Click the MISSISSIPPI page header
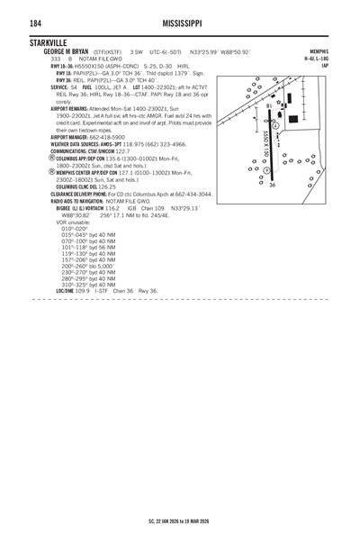[180, 23]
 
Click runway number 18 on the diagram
[269, 105]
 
